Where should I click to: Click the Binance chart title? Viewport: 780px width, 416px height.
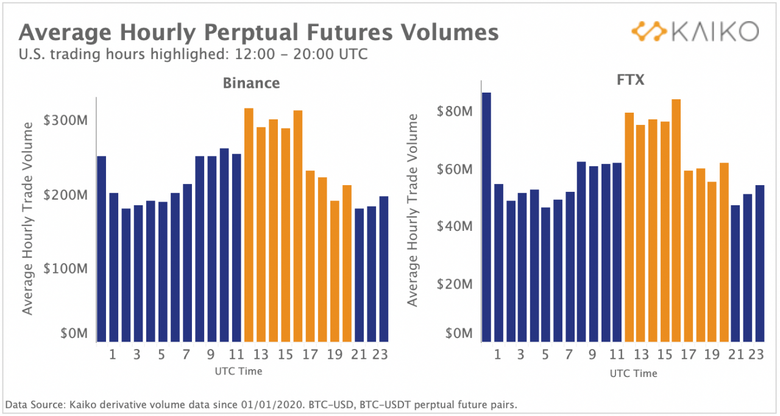[251, 83]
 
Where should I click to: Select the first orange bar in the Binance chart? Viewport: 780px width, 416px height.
[249, 225]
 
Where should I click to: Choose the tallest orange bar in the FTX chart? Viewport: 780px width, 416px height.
[676, 220]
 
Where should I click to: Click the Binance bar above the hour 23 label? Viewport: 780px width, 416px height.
[384, 269]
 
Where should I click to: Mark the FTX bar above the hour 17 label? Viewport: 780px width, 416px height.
[688, 256]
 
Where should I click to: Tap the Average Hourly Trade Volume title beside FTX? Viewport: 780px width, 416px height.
[413, 210]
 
